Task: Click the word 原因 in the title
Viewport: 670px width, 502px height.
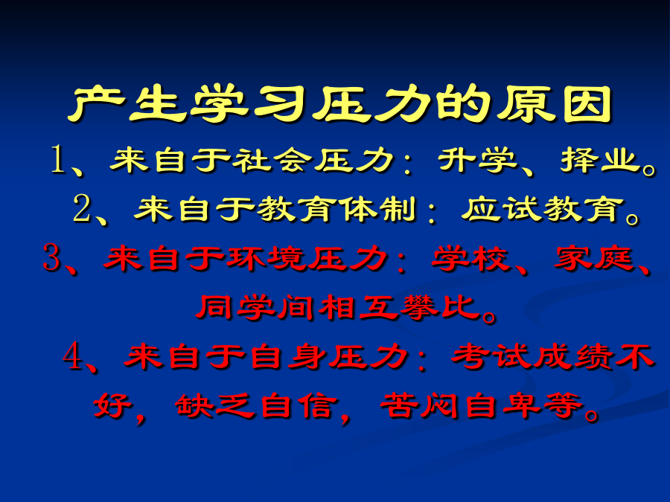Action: [x=555, y=104]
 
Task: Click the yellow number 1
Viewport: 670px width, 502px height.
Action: [x=58, y=159]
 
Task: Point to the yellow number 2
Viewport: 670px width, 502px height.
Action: [x=81, y=208]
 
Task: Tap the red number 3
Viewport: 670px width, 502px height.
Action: [x=51, y=257]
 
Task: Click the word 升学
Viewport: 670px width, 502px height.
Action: [x=477, y=160]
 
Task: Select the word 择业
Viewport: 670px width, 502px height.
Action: [x=600, y=160]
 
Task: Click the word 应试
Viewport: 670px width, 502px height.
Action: [x=500, y=209]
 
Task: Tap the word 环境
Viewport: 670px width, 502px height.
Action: [x=266, y=258]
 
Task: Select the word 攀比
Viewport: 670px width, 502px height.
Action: [x=439, y=307]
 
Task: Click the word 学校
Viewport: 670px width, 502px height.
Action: [x=470, y=258]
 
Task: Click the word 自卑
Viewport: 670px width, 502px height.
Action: [x=501, y=405]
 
